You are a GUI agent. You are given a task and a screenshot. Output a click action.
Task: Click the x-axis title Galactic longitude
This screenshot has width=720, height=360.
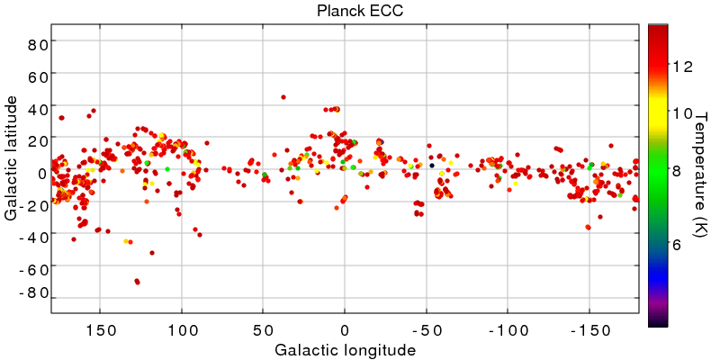346,349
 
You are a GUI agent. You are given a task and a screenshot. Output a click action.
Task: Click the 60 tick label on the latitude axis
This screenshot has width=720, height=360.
35,76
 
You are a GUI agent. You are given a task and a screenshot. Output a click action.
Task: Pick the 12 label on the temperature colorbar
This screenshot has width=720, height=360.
681,66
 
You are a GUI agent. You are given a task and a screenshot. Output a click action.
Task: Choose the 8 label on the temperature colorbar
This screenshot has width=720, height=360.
679,170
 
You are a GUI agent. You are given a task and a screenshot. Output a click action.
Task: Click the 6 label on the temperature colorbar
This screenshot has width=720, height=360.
679,244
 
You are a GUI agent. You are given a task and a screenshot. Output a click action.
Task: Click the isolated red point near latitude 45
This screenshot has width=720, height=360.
283,97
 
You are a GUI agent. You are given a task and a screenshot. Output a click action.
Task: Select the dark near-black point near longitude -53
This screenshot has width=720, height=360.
432,166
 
